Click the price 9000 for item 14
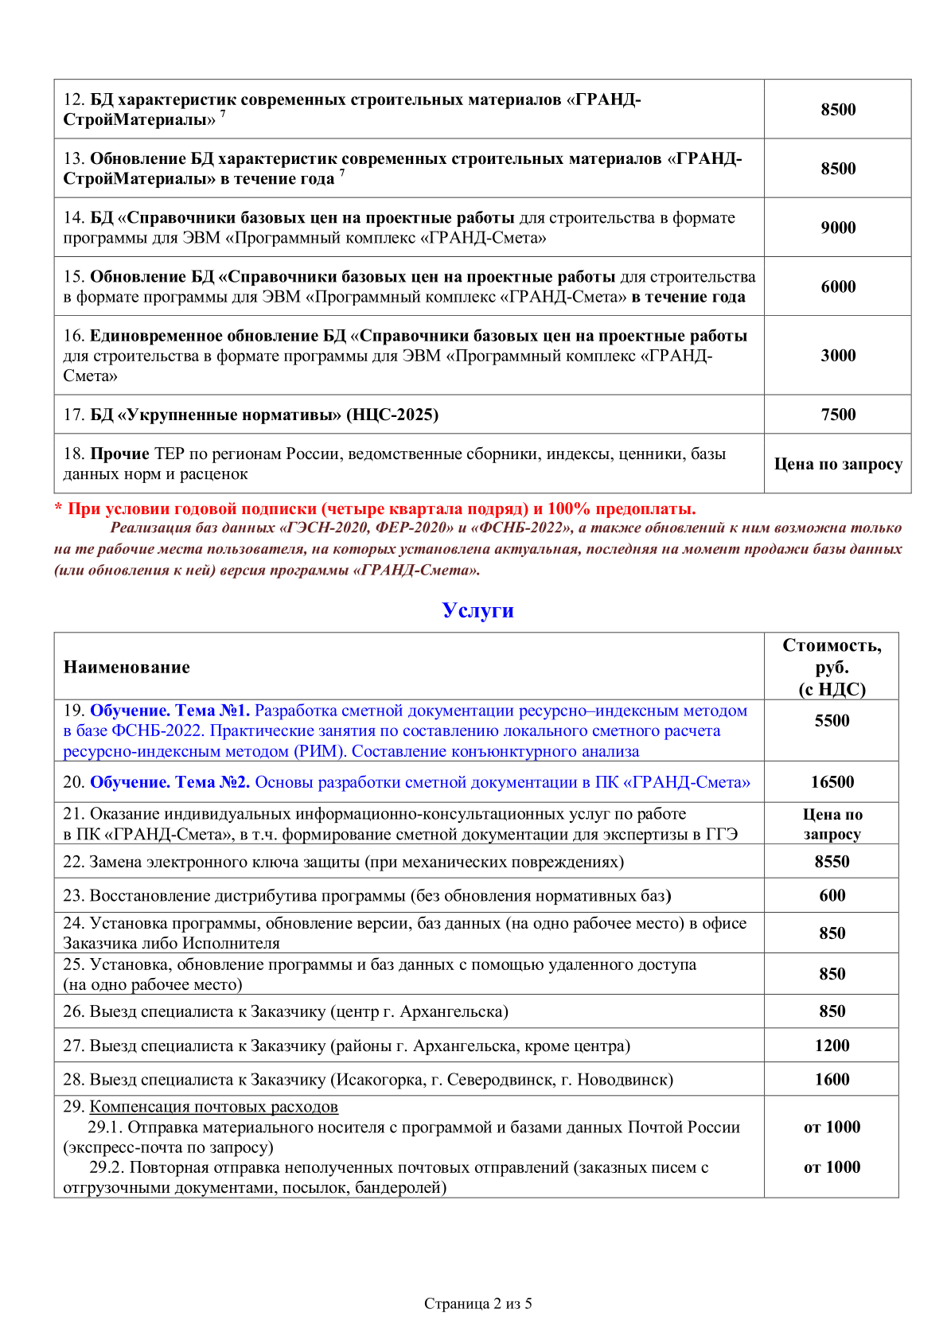[838, 228]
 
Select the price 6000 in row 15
[838, 286]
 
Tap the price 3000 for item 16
[838, 356]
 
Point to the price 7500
[838, 415]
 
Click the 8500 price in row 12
[838, 110]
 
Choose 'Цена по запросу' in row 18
[838, 464]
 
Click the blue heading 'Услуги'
[477, 610]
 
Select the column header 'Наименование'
[127, 667]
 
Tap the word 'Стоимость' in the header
[832, 645]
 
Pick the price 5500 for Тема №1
[832, 721]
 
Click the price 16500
[832, 782]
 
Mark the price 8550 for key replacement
[832, 862]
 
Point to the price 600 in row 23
[832, 896]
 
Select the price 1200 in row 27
[832, 1046]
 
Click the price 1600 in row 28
[832, 1080]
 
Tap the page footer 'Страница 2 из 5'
[477, 1303]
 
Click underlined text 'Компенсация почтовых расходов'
[213, 1107]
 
